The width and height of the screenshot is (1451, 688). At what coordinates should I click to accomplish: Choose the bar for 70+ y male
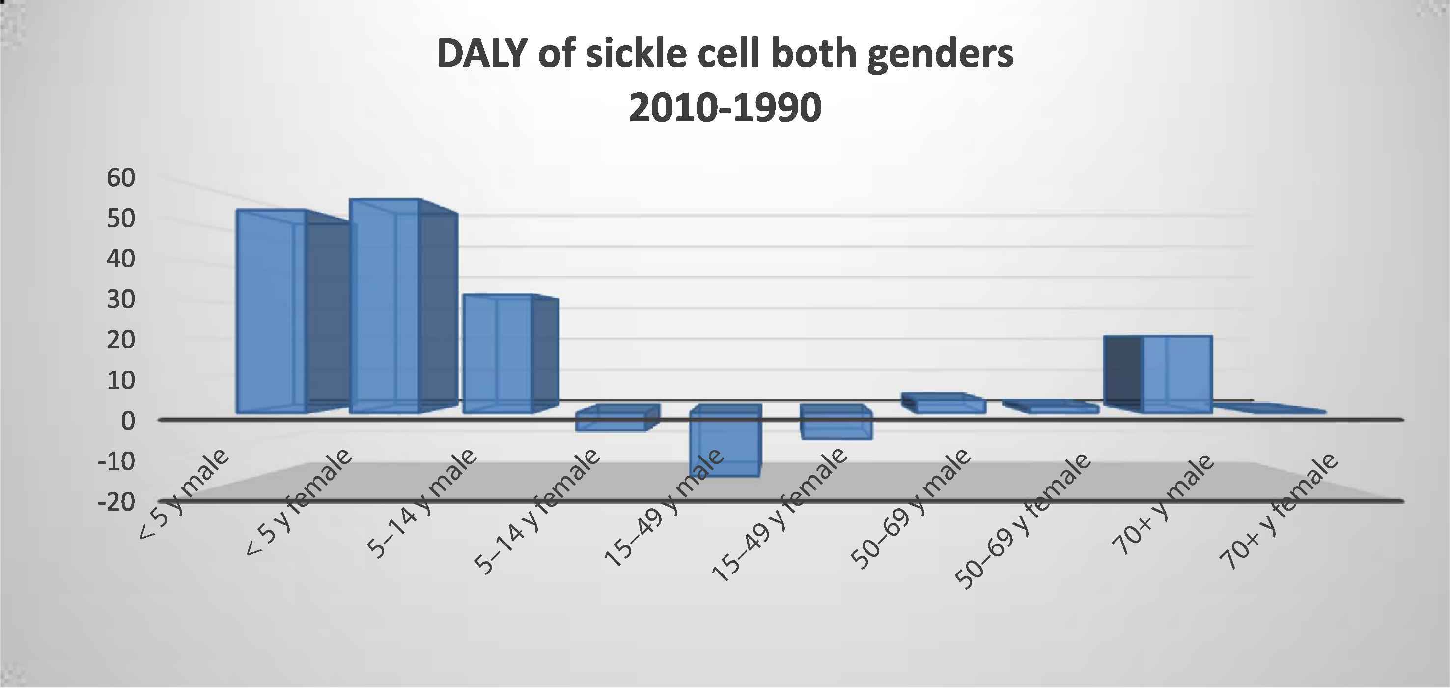(1177, 374)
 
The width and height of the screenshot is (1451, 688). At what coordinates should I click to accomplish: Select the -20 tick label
(116, 501)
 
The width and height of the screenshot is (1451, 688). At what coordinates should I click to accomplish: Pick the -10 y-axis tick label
(116, 461)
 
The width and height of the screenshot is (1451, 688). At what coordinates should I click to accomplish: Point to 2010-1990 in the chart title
(725, 108)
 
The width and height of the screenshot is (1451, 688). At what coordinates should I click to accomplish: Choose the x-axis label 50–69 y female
(1025, 522)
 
